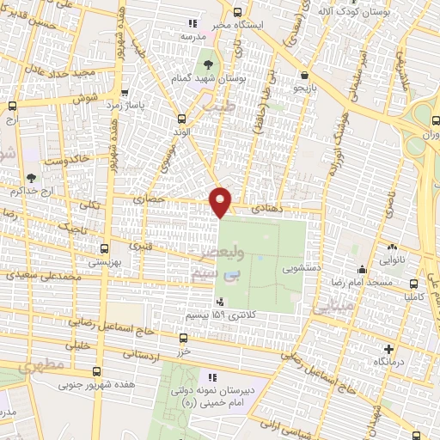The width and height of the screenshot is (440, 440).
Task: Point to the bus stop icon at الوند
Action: tap(180, 119)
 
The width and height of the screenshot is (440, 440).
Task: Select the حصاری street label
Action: tap(149, 199)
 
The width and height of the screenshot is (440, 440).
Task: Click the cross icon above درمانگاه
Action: tap(389, 350)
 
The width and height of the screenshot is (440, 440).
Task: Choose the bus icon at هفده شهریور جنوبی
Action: tap(96, 372)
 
